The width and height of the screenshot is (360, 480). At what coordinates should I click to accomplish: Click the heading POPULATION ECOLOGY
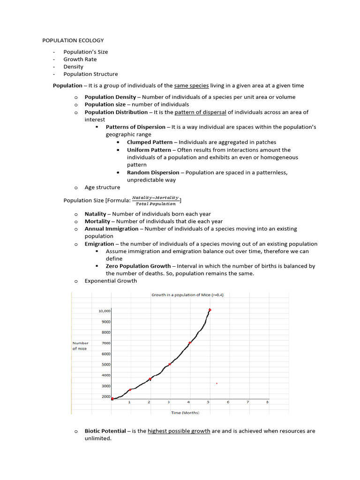click(73, 40)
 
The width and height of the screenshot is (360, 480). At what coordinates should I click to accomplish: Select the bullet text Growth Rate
click(80, 60)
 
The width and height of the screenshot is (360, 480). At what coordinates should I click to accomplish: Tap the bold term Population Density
click(111, 97)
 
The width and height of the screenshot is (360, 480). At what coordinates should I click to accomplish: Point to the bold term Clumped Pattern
click(150, 142)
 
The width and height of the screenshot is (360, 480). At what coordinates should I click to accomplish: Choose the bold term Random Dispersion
click(153, 172)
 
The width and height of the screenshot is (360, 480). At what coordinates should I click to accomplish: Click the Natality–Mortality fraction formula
click(155, 201)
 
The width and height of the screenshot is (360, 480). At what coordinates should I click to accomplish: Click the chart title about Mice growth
click(187, 295)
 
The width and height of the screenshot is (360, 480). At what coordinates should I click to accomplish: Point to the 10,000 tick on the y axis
click(104, 311)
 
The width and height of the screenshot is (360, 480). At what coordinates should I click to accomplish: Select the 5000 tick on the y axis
click(106, 365)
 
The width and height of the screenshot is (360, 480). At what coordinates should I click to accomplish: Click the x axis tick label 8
click(268, 402)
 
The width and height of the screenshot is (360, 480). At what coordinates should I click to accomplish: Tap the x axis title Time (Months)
click(185, 412)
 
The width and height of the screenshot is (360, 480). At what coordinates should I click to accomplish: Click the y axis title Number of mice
click(80, 346)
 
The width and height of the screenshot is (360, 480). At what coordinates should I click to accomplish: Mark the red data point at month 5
click(210, 310)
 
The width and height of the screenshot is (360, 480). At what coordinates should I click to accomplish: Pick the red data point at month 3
click(170, 364)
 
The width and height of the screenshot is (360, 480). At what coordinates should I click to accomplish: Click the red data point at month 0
click(112, 399)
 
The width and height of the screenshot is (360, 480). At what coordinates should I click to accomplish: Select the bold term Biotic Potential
click(105, 431)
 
